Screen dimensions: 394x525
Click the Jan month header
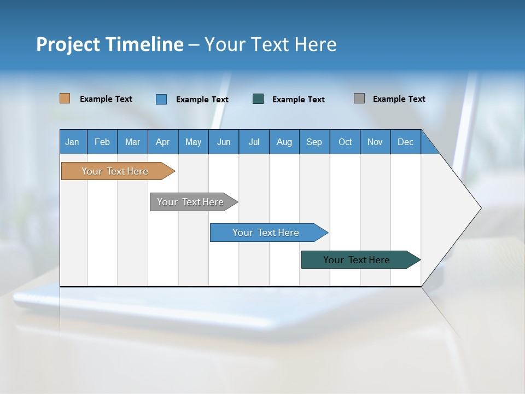tap(73, 142)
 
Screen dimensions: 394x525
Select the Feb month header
tap(102, 142)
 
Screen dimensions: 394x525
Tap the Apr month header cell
tap(163, 142)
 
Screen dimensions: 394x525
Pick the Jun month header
tap(224, 142)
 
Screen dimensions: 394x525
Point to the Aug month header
tap(284, 142)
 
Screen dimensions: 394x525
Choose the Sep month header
tap(314, 142)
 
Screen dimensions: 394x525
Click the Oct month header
tap(345, 142)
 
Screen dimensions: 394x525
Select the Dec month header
tap(406, 142)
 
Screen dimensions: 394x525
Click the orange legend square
tap(65, 99)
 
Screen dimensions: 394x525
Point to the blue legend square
tap(161, 99)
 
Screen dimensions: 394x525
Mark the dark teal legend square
tap(258, 99)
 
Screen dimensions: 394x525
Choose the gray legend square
tap(359, 99)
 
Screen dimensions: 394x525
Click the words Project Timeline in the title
tap(109, 44)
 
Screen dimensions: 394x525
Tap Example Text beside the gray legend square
tap(399, 99)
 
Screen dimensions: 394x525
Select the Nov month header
tap(375, 142)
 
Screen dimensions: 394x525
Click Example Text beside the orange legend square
tap(106, 99)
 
